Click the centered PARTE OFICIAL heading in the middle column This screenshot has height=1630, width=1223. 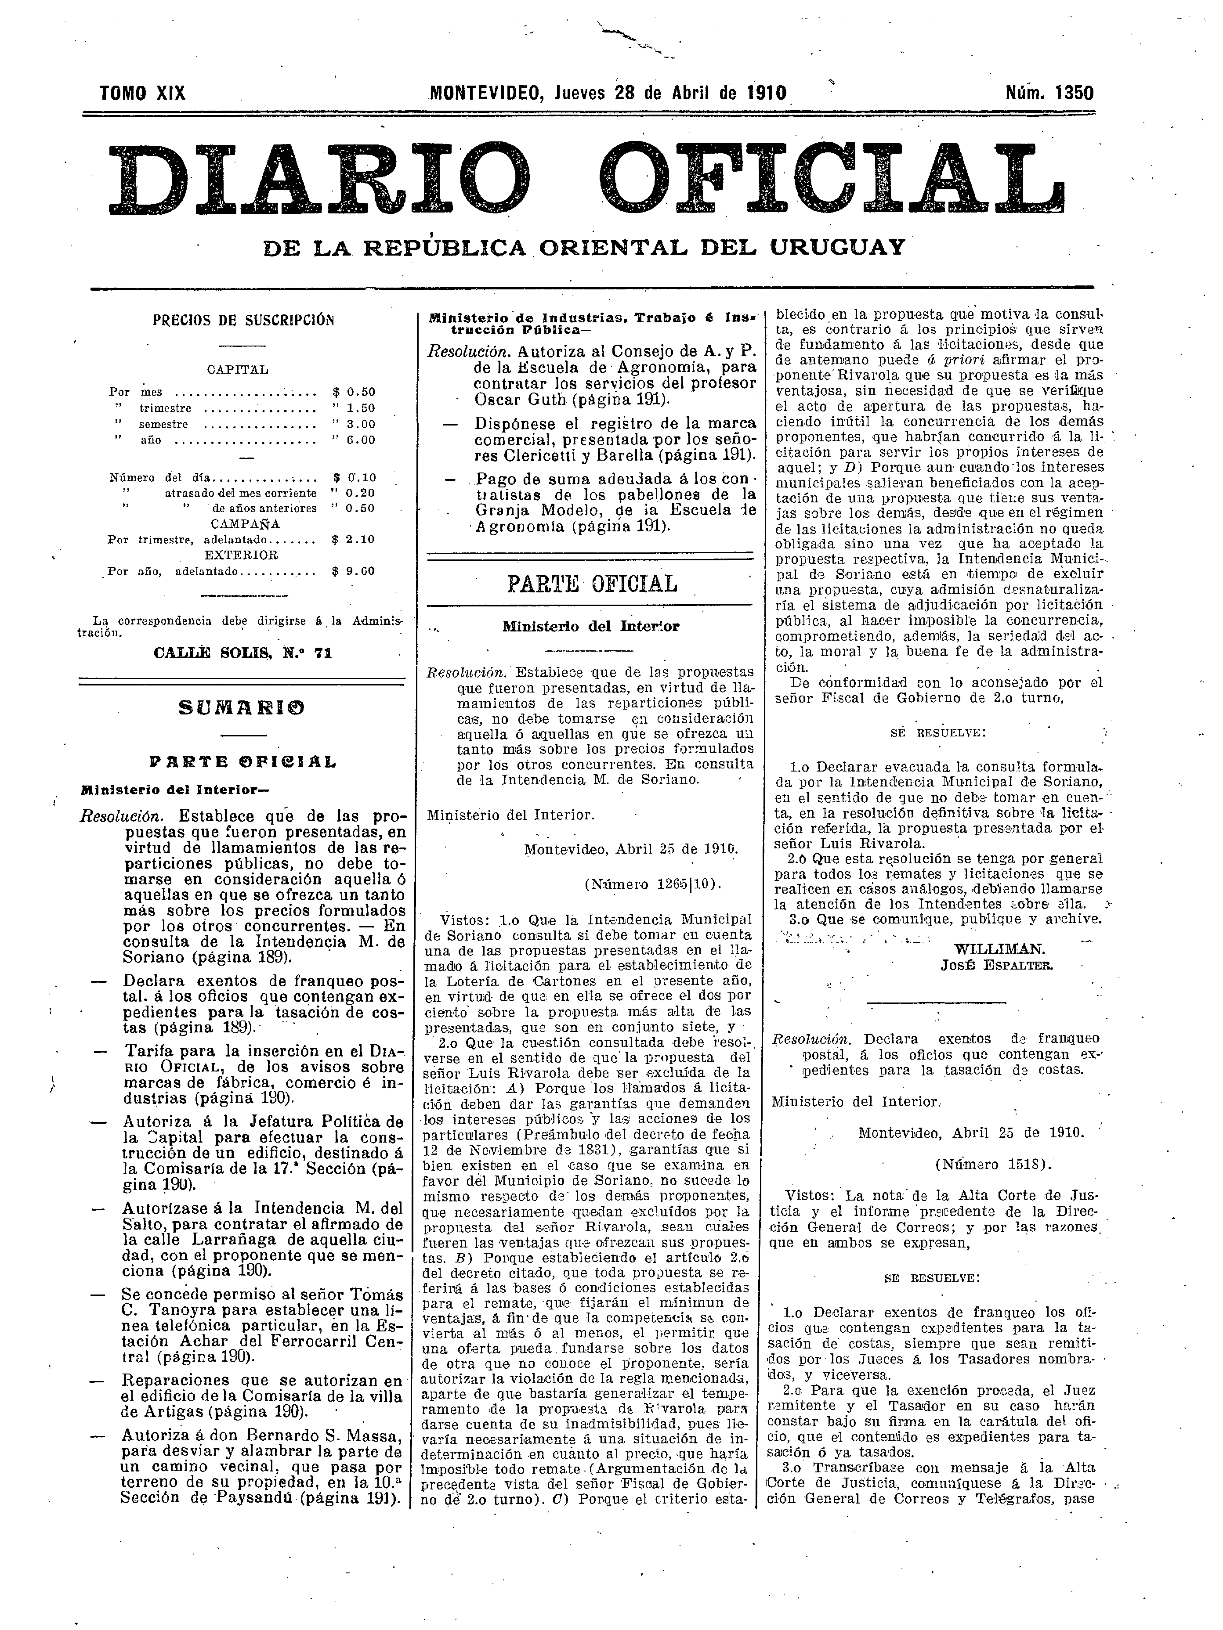click(x=591, y=584)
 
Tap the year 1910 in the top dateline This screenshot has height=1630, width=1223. click(x=765, y=94)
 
